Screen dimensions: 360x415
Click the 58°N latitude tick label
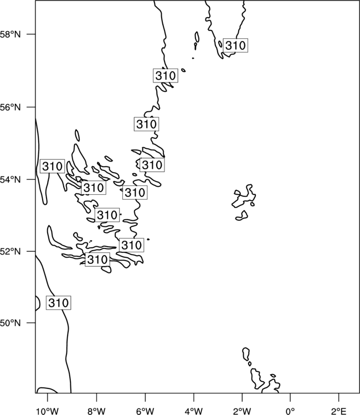(11, 34)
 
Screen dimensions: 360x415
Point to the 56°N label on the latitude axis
(11, 107)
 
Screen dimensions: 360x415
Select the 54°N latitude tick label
(11, 180)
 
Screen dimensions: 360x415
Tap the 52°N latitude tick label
(11, 251)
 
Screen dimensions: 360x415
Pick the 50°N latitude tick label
(11, 323)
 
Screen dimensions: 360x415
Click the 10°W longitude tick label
(48, 411)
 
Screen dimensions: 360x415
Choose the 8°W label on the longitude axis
(96, 411)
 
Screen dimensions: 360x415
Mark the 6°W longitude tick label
(145, 411)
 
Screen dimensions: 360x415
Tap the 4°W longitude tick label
(194, 411)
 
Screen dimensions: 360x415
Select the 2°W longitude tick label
(242, 411)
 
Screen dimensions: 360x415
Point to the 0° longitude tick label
(290, 411)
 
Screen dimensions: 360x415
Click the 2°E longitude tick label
(339, 411)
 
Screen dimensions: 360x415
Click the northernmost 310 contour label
(235, 45)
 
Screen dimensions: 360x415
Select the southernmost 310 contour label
(59, 303)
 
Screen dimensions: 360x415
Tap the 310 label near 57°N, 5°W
(165, 75)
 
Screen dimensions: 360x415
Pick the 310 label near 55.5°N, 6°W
(146, 124)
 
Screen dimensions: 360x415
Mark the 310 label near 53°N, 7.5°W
(107, 215)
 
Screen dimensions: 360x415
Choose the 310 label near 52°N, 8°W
(97, 260)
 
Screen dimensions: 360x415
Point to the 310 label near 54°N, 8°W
(94, 188)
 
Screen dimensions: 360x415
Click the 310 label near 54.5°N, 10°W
(52, 166)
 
